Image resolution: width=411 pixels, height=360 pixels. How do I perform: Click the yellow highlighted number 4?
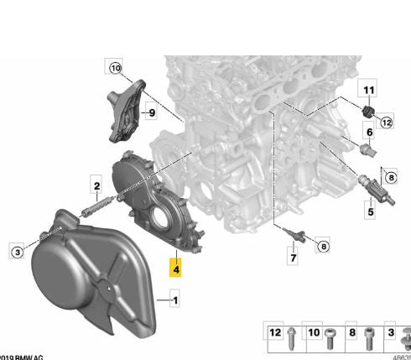point(175,268)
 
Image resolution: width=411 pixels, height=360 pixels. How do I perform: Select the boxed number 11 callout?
point(367,88)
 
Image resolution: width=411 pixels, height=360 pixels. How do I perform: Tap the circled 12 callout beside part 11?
point(387,123)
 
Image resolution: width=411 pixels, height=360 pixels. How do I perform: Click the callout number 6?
point(367,133)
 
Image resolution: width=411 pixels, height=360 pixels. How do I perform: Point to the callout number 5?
point(368,213)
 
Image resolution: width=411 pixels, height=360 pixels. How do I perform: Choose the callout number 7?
point(293,258)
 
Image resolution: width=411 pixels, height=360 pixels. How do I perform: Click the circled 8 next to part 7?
point(324,245)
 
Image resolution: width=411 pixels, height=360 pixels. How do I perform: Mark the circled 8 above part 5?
point(388,176)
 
